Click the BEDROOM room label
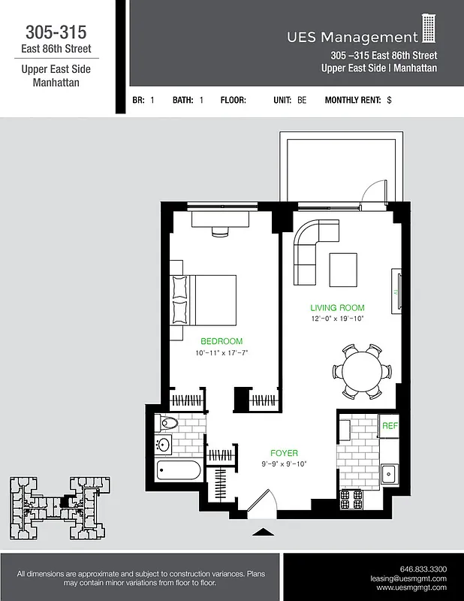[221, 341]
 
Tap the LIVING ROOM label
[337, 307]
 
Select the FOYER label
[284, 453]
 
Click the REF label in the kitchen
[389, 426]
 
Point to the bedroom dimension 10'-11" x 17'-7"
[221, 352]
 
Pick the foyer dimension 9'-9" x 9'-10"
[284, 464]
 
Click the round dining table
[362, 371]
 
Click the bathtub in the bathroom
[179, 473]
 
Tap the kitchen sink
[389, 473]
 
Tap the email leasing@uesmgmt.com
[408, 578]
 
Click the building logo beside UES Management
[429, 29]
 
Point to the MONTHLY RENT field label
[353, 100]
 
